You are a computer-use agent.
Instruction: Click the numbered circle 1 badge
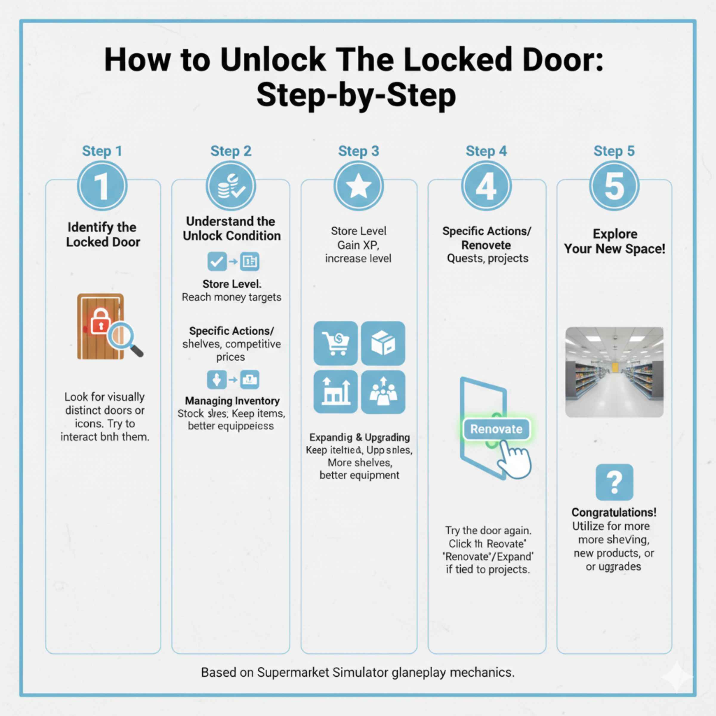102,186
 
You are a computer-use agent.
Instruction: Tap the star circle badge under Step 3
358,186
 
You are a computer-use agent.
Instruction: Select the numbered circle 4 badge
486,186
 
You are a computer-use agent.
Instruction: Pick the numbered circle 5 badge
614,186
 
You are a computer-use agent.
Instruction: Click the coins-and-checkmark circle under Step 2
231,186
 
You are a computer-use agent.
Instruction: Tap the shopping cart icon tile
335,343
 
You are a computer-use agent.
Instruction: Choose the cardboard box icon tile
383,343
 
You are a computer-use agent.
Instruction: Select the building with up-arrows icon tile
335,391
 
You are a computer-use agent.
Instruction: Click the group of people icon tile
383,391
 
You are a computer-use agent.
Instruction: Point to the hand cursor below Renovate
514,459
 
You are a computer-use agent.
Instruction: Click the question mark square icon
614,482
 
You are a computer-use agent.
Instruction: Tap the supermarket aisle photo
614,372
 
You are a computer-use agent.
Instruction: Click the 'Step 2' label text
231,151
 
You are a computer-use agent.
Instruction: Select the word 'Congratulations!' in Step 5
614,512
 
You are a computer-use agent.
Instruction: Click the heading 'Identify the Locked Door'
103,234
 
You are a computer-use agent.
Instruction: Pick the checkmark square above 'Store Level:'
217,261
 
